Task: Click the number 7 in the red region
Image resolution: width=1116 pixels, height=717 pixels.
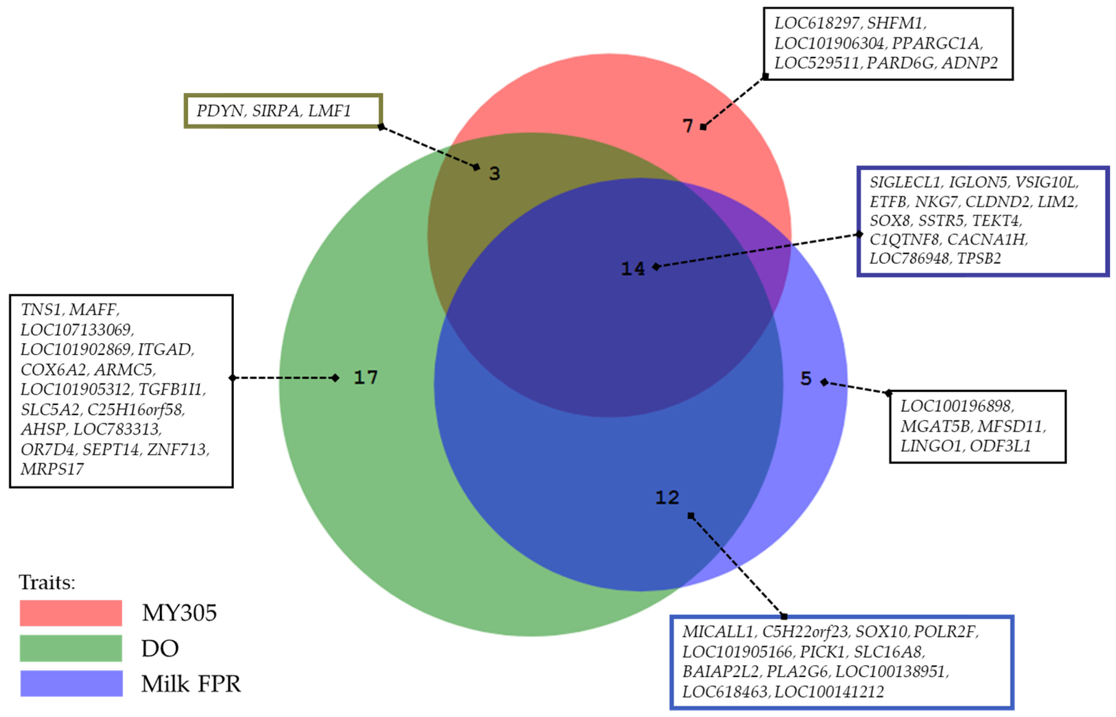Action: click(x=688, y=126)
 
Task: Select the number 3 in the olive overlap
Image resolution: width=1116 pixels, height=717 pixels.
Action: click(x=494, y=174)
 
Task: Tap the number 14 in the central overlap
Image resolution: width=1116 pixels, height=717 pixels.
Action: click(x=633, y=269)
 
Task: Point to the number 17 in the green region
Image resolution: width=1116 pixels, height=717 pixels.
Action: click(x=366, y=377)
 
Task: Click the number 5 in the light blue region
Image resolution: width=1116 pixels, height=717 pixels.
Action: click(x=806, y=379)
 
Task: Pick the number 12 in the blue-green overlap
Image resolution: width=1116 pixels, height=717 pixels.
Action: click(x=667, y=498)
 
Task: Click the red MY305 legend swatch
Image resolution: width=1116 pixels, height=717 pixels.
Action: click(x=71, y=613)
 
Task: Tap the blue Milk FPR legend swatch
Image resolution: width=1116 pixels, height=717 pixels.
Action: click(x=71, y=683)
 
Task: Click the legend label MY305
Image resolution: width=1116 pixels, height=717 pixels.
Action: click(x=179, y=613)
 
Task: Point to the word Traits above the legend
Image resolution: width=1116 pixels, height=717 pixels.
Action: click(x=47, y=582)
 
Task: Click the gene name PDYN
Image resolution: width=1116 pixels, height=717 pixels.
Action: click(x=220, y=111)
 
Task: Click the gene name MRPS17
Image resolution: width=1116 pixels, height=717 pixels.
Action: click(x=52, y=469)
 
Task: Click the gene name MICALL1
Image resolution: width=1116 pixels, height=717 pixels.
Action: click(x=718, y=632)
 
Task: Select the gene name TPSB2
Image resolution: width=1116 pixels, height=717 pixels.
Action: click(x=979, y=258)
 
